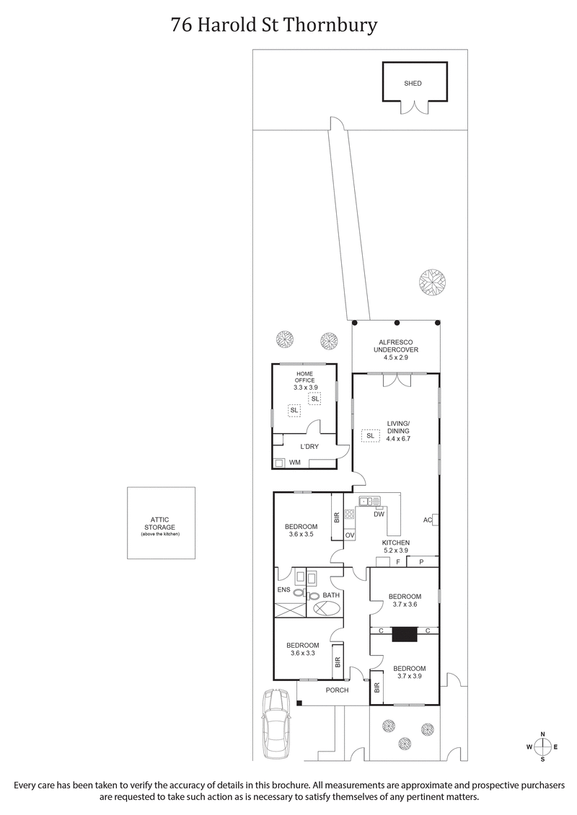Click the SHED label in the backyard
click(x=413, y=84)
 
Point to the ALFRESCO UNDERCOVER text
click(x=395, y=347)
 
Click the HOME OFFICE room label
click(x=305, y=376)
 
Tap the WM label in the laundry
click(x=294, y=462)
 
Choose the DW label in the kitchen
click(x=379, y=514)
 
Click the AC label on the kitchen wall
click(x=427, y=520)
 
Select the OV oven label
click(x=349, y=535)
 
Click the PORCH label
click(x=337, y=690)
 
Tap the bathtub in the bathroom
click(x=324, y=608)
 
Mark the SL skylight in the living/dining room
click(x=370, y=436)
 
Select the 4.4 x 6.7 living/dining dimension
click(x=397, y=439)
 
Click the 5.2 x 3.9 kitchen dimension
click(x=396, y=551)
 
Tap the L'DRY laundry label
click(x=309, y=447)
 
